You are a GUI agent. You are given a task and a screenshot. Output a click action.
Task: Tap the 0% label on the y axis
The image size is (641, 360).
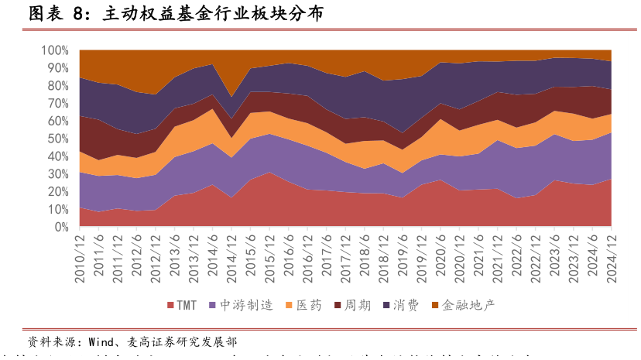tap(62, 228)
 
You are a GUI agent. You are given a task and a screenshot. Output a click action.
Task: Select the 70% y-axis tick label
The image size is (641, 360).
tap(59, 104)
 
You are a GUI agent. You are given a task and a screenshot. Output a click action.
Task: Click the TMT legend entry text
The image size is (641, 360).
tap(187, 306)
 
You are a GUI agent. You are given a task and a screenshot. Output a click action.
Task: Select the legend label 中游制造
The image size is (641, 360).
tap(246, 306)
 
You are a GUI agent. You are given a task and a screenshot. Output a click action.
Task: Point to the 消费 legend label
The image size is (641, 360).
tap(406, 306)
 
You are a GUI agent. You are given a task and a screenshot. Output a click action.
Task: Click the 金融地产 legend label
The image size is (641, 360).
tap(468, 306)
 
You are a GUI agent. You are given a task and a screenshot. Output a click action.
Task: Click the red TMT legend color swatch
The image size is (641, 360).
tap(170, 306)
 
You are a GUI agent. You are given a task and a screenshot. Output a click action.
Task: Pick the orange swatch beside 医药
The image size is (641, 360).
tap(290, 306)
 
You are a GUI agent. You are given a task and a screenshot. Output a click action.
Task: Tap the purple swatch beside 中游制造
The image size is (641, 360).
tap(213, 306)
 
